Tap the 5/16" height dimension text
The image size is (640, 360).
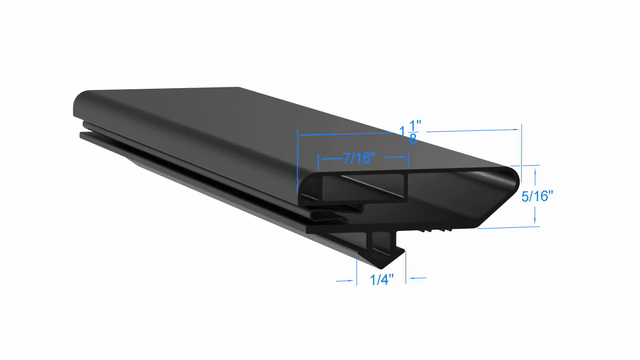coord(537,196)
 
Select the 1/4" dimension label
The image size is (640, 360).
coord(382,280)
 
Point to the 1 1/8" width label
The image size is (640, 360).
coord(410,132)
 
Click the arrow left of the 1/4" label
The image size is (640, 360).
coord(344,281)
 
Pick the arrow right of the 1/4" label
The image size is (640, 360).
coord(418,278)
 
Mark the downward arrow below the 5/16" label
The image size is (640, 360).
coord(535,216)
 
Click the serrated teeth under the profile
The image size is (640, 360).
coord(435,230)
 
